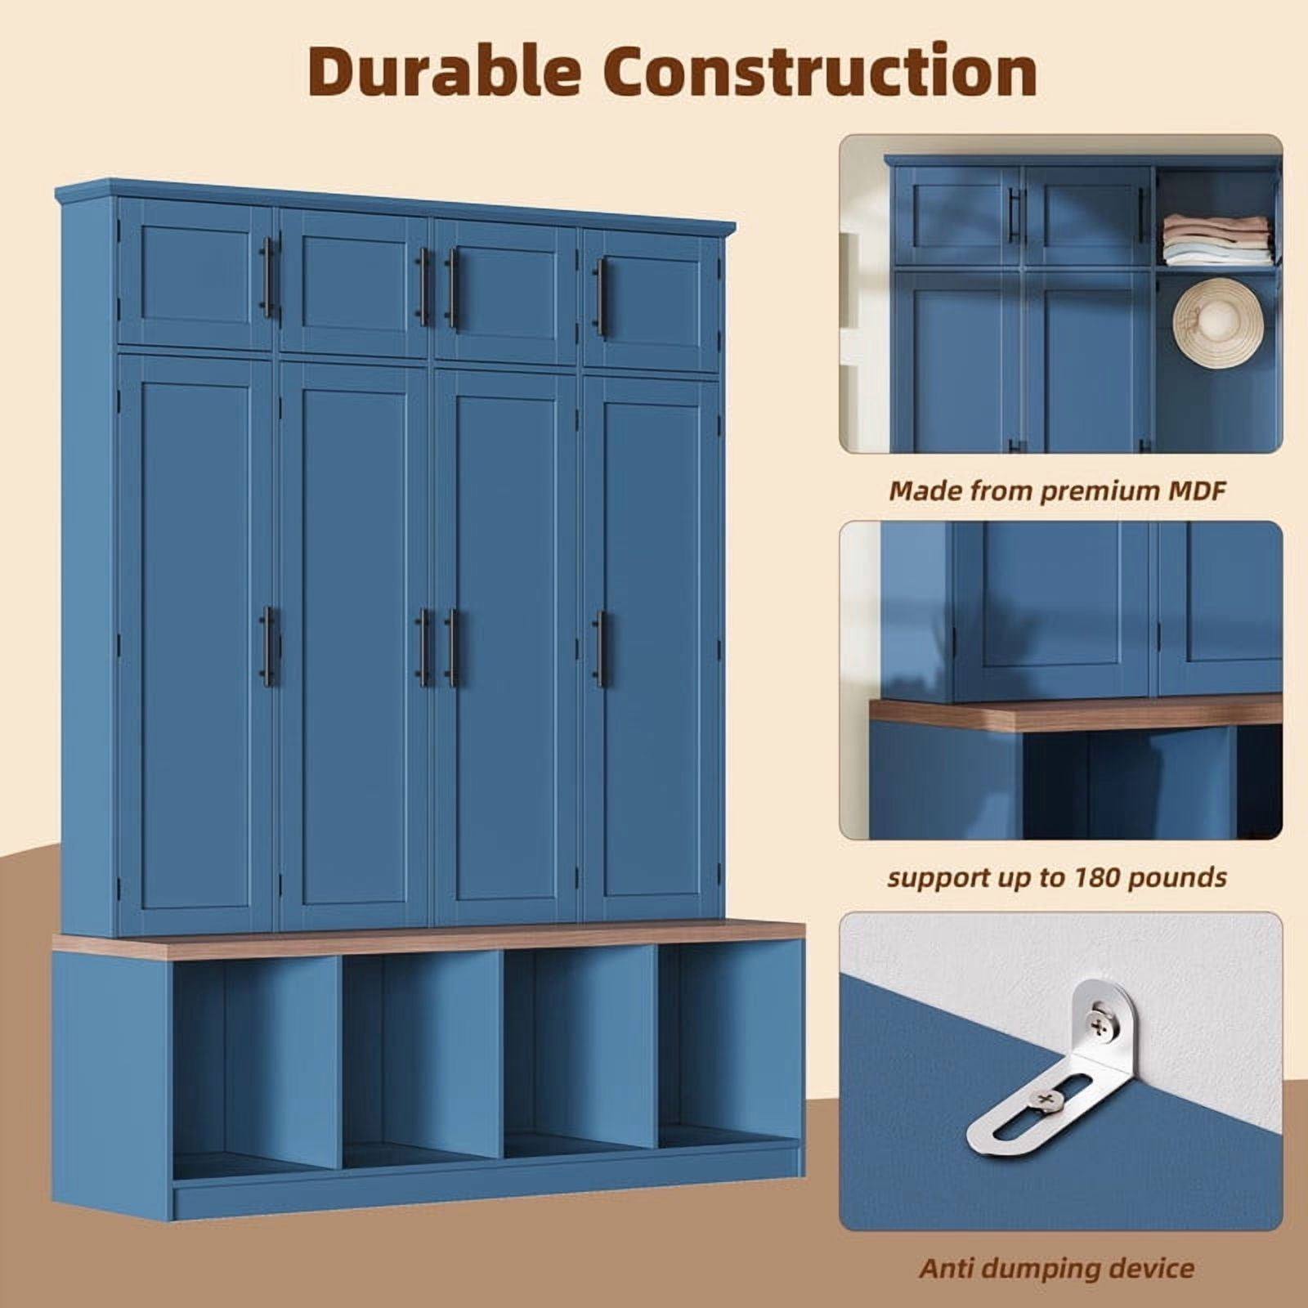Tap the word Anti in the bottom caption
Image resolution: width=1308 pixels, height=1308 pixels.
pyautogui.click(x=947, y=1268)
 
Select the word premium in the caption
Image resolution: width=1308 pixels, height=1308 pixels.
pyautogui.click(x=1086, y=493)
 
